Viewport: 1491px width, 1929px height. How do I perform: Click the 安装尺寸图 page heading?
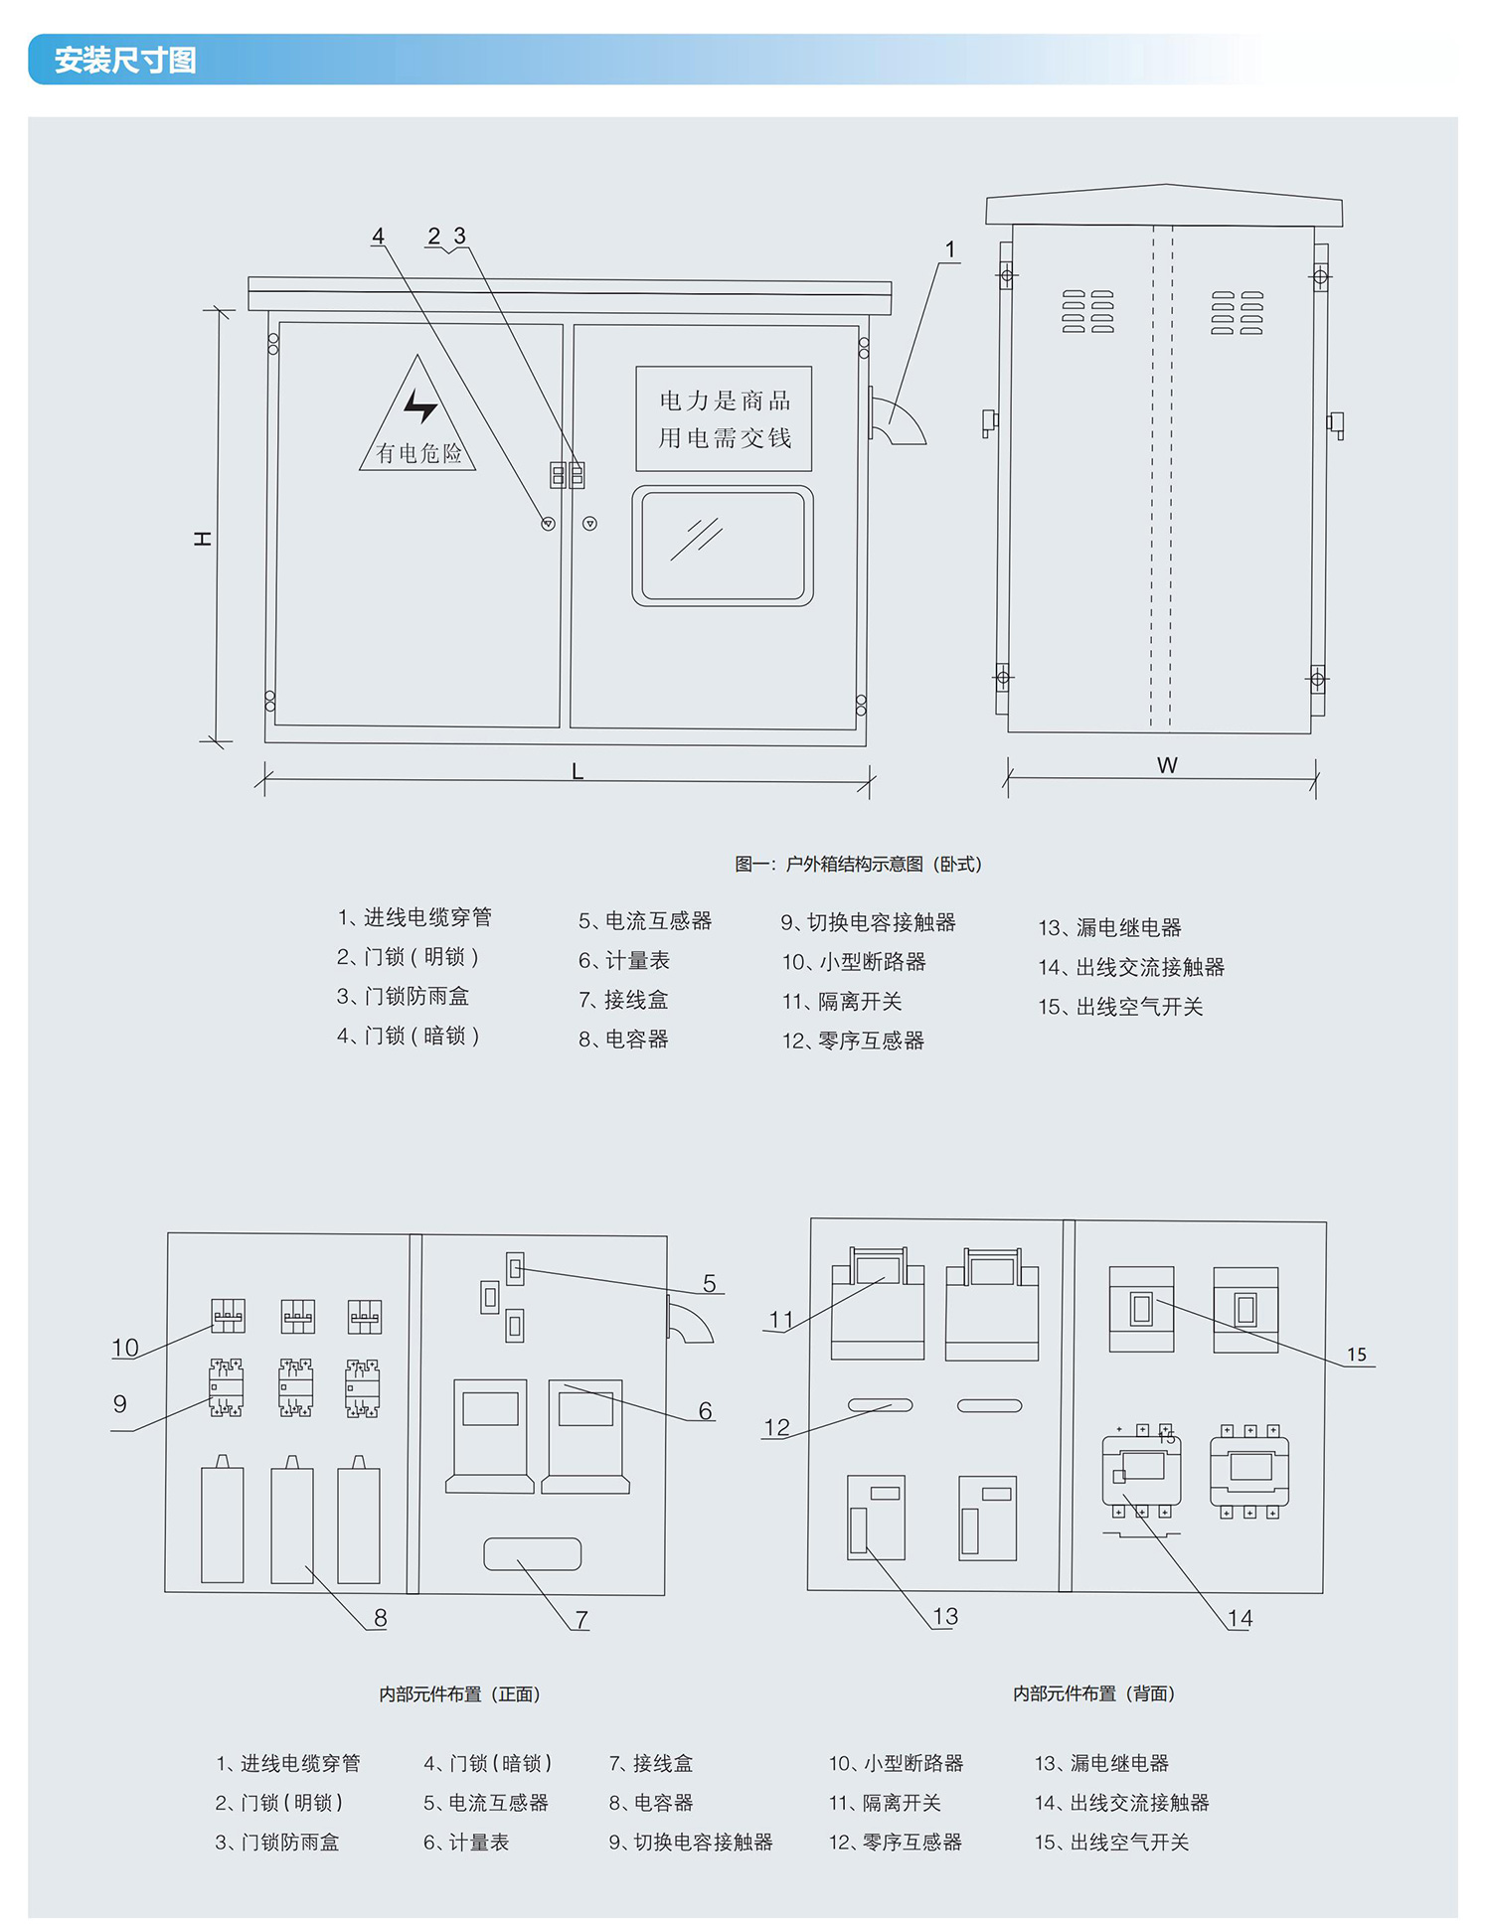(124, 61)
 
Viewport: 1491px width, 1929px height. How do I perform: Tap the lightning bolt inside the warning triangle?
(419, 404)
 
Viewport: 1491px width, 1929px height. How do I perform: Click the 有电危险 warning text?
(418, 454)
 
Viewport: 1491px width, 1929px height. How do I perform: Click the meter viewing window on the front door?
(723, 546)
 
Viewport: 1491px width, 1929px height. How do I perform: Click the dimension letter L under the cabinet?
(578, 771)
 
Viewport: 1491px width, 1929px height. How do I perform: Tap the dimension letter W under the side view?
(1167, 765)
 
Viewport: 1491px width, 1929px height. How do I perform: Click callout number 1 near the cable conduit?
(950, 249)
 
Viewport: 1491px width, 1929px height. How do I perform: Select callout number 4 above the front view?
(378, 237)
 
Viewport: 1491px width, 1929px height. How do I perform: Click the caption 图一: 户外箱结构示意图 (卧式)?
(858, 864)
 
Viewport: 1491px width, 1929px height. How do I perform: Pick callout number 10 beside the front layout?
(125, 1348)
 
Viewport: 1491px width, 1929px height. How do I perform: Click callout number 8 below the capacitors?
(380, 1618)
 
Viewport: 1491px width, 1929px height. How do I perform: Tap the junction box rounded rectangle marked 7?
(533, 1554)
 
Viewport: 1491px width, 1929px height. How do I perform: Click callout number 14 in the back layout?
(1240, 1618)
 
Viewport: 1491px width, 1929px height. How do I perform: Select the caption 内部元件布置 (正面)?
(459, 1693)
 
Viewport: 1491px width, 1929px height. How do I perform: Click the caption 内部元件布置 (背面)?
(1093, 1693)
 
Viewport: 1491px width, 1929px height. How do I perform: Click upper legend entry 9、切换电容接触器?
(868, 922)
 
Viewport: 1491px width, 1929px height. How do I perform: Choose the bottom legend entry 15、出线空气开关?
(1111, 1842)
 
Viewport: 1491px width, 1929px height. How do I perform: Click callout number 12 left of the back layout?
(776, 1427)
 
